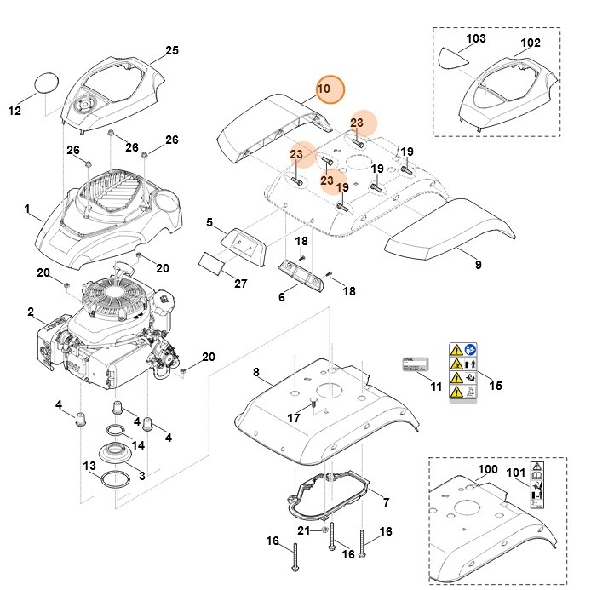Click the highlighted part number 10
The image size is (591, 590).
pos(324,89)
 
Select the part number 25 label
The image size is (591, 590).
pos(171,51)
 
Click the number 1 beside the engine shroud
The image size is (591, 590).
pos(27,209)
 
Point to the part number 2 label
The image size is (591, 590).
pos(32,313)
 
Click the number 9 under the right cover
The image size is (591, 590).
pos(478,265)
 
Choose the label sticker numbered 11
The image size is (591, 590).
pos(419,364)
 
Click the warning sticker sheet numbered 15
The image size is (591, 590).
pos(463,372)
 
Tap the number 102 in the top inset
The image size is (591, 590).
pos(530,43)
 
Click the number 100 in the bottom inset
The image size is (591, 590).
pos(488,469)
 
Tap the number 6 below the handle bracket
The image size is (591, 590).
pos(282,296)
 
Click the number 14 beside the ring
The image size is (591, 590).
pos(137,445)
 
